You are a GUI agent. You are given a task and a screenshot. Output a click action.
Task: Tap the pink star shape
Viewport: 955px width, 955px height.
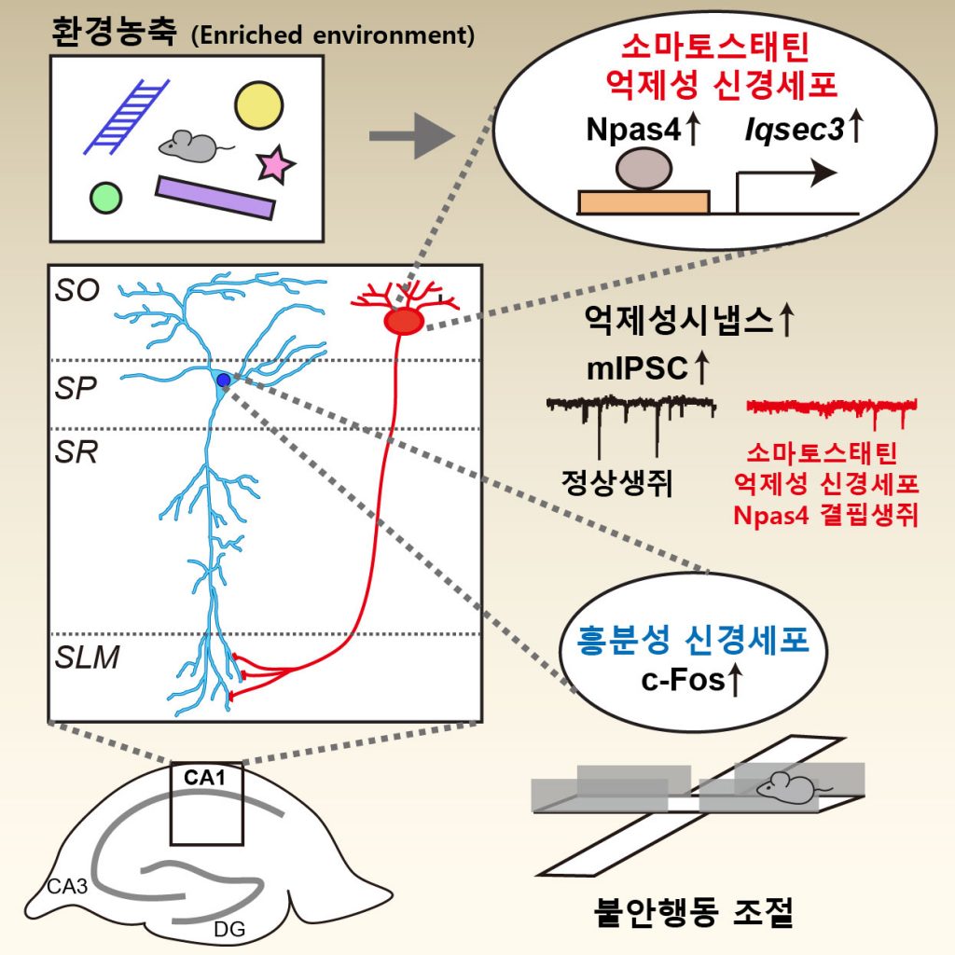coord(275,165)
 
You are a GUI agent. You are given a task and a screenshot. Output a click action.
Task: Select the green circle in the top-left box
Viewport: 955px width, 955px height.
coord(105,197)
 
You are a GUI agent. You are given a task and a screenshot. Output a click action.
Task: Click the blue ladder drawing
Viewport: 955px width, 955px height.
coord(127,116)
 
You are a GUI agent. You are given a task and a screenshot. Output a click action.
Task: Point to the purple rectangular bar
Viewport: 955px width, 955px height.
coord(215,197)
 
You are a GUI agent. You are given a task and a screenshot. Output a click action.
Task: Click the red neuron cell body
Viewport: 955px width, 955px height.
coord(404,321)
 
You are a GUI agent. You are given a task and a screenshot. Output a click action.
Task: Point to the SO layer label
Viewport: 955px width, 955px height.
coord(76,291)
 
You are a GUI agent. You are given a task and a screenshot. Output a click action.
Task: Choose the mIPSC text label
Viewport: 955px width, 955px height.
coord(633,368)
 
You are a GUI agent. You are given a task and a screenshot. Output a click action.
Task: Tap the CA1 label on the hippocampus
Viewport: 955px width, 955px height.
coord(205,776)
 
